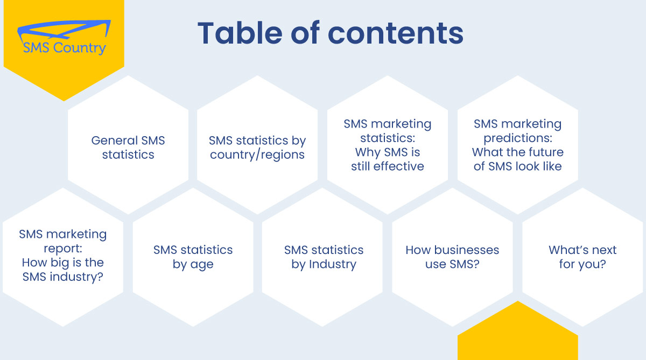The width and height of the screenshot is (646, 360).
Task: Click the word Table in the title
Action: coord(240,33)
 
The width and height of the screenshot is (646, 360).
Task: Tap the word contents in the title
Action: coord(396,34)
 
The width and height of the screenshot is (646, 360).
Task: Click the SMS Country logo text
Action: coord(64,47)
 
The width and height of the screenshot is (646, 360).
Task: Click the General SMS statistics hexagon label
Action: coord(128,147)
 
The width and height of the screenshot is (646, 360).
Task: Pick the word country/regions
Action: coord(257,155)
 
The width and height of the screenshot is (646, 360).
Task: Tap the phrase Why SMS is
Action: coord(387,152)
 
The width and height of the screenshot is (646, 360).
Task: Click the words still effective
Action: coord(387,166)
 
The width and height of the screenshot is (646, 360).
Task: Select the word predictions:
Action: coord(518,138)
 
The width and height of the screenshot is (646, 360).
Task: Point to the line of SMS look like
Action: coord(518,166)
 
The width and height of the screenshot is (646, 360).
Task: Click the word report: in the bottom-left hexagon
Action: coord(63,249)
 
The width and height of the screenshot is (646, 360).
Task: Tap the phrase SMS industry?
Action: coord(63,277)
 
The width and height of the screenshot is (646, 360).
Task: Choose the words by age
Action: coord(193,264)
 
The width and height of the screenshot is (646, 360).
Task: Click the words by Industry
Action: coord(324,264)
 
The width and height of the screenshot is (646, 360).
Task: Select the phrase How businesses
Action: coord(452,250)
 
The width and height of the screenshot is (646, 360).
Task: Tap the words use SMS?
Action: coord(452,264)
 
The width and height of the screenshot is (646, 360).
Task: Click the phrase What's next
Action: coord(582,250)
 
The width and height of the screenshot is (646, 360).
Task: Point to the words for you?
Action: coord(582,264)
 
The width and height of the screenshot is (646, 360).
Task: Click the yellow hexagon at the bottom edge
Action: coord(518,334)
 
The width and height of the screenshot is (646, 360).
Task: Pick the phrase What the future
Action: coord(518,152)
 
